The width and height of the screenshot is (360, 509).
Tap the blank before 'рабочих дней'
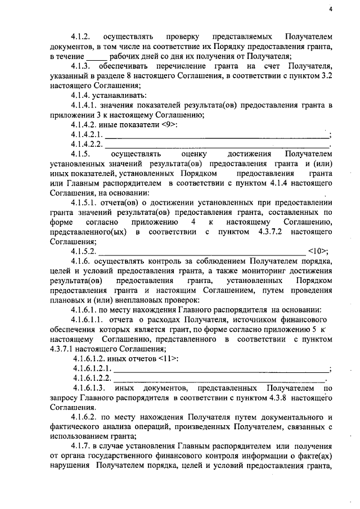pos(96,56)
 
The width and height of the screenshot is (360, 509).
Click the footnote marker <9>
pos(169,124)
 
